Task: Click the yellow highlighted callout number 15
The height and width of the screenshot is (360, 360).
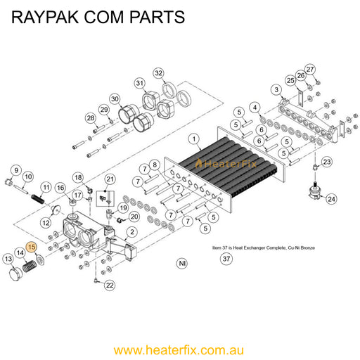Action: click(31, 247)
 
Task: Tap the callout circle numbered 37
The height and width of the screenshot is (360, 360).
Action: click(226, 259)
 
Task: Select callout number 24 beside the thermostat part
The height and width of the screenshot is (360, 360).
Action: click(330, 199)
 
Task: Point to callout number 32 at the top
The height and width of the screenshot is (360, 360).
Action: click(159, 73)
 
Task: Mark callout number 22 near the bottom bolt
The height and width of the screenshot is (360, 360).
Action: click(110, 285)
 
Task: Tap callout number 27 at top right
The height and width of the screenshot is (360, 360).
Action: click(310, 69)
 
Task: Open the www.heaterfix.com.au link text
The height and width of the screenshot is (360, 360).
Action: click(179, 349)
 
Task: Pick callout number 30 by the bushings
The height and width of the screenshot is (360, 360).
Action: click(115, 99)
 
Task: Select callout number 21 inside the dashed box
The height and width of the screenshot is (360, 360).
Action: click(109, 180)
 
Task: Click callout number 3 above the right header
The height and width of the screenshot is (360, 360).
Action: click(277, 90)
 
